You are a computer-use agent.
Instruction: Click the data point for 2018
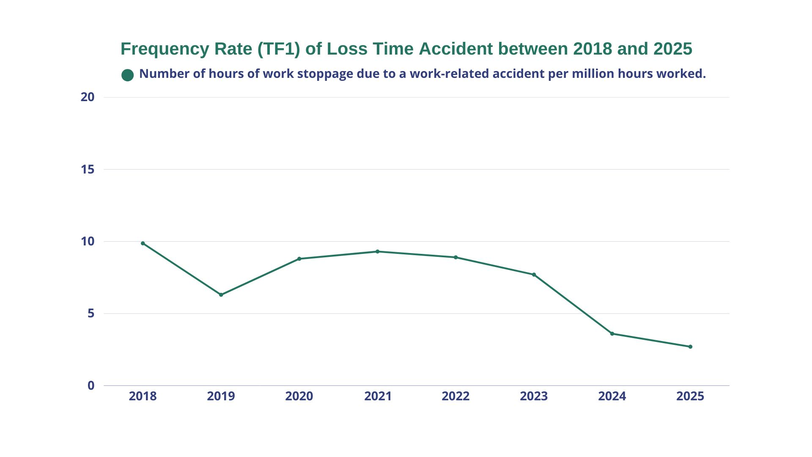click(143, 243)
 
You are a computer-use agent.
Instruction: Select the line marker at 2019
click(221, 295)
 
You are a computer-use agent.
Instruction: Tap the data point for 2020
click(299, 259)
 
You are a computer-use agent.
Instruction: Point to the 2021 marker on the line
click(378, 251)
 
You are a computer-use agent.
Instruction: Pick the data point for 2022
click(456, 257)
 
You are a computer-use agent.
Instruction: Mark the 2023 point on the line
click(534, 275)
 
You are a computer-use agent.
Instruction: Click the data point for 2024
click(612, 333)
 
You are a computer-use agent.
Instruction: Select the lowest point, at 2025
click(691, 347)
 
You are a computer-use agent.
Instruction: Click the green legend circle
click(127, 75)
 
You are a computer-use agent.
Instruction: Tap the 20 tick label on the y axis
click(88, 97)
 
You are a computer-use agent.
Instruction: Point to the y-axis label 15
click(88, 169)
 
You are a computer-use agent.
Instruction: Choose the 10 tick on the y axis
click(88, 241)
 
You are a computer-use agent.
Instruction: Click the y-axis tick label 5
click(91, 314)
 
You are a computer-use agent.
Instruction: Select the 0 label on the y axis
click(91, 385)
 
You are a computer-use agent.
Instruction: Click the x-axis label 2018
click(143, 396)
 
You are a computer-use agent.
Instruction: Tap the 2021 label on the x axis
click(378, 396)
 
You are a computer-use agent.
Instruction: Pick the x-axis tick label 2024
click(612, 396)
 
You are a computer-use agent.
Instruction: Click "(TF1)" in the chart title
click(279, 49)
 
